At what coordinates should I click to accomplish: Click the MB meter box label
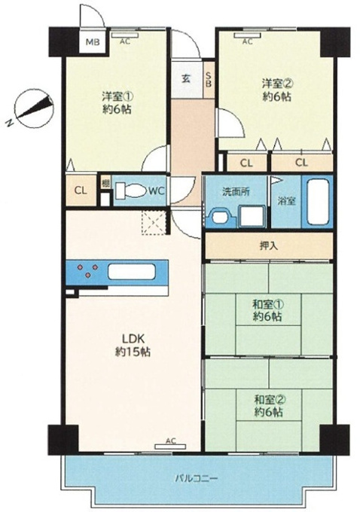tap(93, 42)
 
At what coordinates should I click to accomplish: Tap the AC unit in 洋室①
tap(125, 35)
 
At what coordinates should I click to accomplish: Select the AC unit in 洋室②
tap(247, 35)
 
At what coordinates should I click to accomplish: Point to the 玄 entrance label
tap(186, 79)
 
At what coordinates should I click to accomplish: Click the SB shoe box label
tap(208, 79)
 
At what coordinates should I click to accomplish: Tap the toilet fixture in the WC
tap(132, 190)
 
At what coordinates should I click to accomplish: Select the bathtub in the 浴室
tap(318, 201)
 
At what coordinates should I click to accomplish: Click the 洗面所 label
tap(236, 192)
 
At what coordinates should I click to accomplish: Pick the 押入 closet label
tap(269, 246)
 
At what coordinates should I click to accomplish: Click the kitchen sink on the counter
tap(131, 272)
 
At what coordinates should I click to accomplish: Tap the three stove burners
tap(87, 270)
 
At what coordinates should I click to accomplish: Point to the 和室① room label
tap(267, 310)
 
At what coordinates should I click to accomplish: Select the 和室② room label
tap(269, 406)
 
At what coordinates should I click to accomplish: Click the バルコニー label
tap(196, 479)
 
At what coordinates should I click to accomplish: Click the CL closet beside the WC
tap(81, 190)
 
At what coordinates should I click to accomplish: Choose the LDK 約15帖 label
tap(133, 345)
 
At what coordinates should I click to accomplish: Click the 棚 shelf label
tap(105, 184)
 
